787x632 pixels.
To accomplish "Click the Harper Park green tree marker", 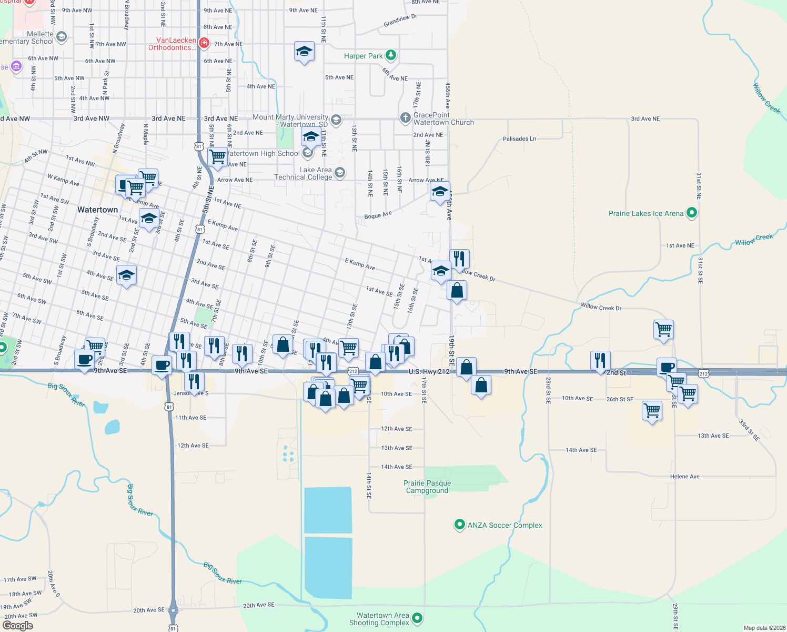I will point(390,55).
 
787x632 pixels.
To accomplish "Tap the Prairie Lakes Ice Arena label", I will point(645,213).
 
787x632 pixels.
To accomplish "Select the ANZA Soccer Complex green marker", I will point(459,525).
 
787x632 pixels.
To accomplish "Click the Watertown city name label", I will point(97,210).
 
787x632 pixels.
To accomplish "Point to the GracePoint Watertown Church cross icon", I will point(405,118).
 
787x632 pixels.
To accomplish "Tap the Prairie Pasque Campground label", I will point(427,487).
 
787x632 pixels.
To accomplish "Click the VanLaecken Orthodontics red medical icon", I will point(204,42).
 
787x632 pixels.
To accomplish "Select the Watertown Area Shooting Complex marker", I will point(417,618).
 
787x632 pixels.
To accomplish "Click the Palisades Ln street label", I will point(519,139).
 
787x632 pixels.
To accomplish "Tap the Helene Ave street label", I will point(684,477).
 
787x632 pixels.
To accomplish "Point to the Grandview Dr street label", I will point(400,21).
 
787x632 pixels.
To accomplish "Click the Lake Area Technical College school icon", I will point(340,172).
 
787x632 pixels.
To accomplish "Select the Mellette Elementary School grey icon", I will point(62,37).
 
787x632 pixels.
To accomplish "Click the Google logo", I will point(18,626).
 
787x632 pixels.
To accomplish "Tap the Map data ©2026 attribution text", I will point(764,628).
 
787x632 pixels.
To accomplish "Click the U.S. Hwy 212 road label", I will point(429,372).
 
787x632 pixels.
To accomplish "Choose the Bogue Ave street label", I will point(378,215).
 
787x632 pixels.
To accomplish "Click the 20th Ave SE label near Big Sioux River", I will point(259,605).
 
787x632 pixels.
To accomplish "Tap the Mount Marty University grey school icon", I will point(336,120).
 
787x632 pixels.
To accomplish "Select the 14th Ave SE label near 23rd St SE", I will point(581,450).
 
